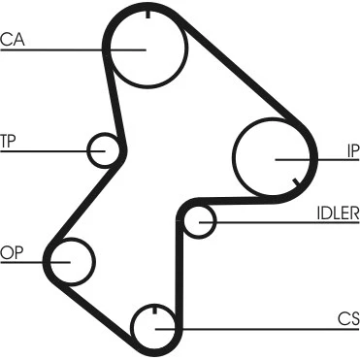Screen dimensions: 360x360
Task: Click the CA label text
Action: click(x=13, y=39)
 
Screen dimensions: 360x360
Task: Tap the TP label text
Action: click(x=8, y=141)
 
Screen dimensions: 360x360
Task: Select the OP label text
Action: click(x=12, y=252)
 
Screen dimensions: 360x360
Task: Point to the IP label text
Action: click(x=353, y=151)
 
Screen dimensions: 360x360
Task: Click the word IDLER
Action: click(x=338, y=213)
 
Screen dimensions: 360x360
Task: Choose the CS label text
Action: click(x=348, y=319)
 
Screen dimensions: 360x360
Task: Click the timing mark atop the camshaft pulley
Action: click(x=147, y=15)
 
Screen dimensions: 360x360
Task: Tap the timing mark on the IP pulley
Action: click(x=296, y=182)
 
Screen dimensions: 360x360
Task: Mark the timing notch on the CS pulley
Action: click(x=154, y=310)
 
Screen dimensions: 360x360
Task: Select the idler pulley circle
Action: click(x=214, y=221)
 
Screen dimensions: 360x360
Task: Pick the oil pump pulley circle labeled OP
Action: click(x=94, y=262)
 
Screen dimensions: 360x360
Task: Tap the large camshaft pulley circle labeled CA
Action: click(x=187, y=49)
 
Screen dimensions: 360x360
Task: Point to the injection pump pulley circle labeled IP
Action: click(x=233, y=157)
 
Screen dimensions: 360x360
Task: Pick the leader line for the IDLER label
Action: click(x=279, y=222)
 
